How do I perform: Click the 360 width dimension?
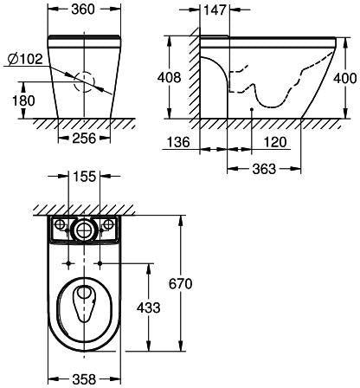pyautogui.click(x=83, y=10)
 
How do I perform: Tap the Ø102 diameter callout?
pyautogui.click(x=25, y=59)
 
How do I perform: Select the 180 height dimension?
pyautogui.click(x=23, y=100)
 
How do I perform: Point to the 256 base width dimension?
pyautogui.click(x=84, y=139)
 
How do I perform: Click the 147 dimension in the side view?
pyautogui.click(x=215, y=10)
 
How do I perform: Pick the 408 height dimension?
pyautogui.click(x=169, y=78)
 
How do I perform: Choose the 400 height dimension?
pyautogui.click(x=345, y=78)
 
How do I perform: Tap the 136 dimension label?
pyautogui.click(x=178, y=142)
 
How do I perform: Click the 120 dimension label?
pyautogui.click(x=275, y=142)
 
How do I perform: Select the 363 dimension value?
pyautogui.click(x=264, y=169)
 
